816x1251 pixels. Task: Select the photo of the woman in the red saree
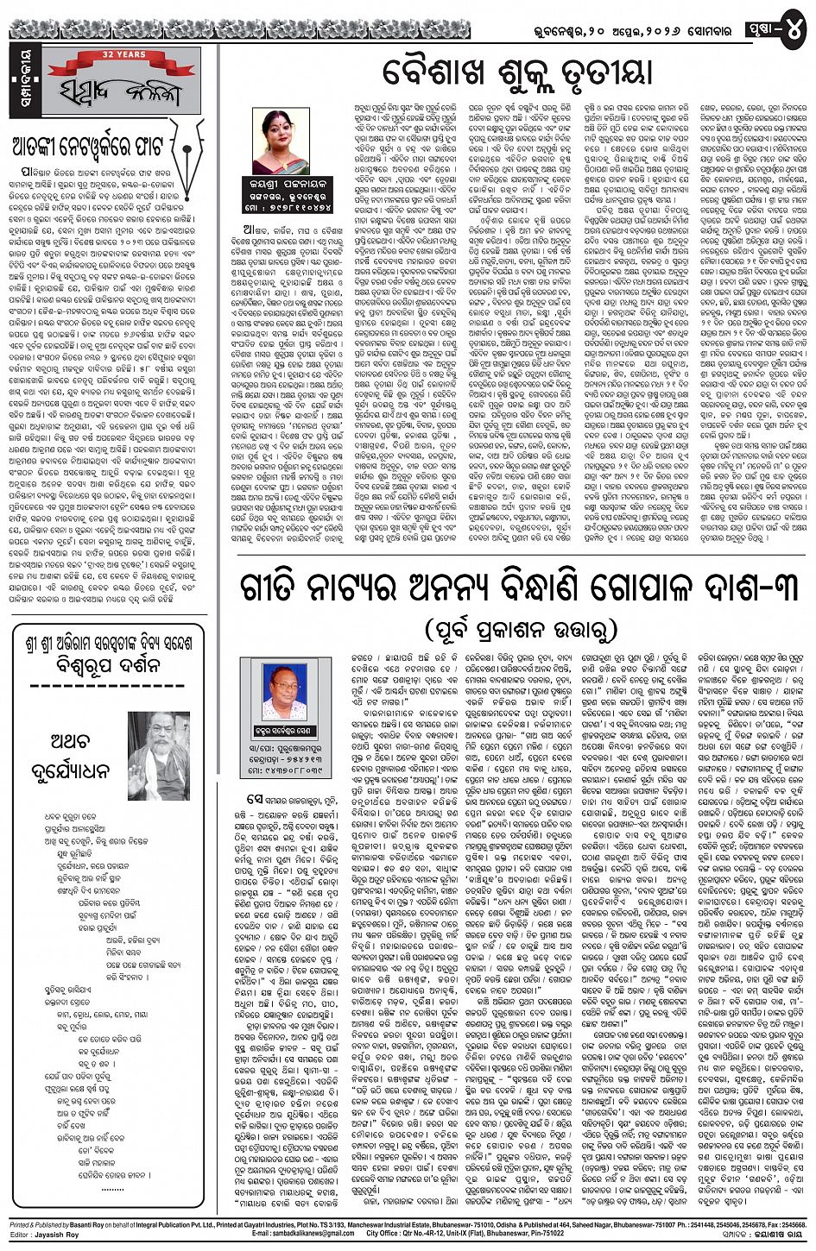tap(281, 141)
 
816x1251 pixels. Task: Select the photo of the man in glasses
tap(284, 691)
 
